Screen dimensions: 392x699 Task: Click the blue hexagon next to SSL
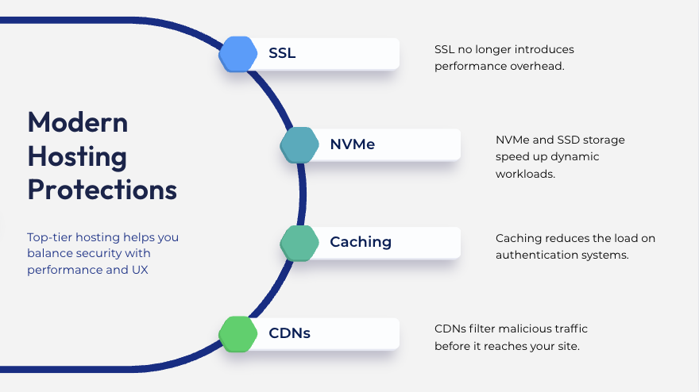coord(238,54)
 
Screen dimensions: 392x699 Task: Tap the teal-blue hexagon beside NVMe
coord(299,145)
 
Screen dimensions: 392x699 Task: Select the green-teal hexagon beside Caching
coord(299,242)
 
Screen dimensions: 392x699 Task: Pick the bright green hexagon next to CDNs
coord(238,333)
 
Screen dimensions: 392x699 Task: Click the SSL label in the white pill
coord(282,54)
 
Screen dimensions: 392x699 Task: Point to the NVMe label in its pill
coord(352,144)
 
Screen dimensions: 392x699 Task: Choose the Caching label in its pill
coord(361,241)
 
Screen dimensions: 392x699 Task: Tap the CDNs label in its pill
coord(289,332)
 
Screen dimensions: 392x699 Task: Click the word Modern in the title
coord(77,122)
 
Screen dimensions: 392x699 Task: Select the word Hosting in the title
coord(77,156)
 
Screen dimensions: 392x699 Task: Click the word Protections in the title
coord(102,190)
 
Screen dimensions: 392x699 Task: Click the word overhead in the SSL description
coord(539,66)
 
